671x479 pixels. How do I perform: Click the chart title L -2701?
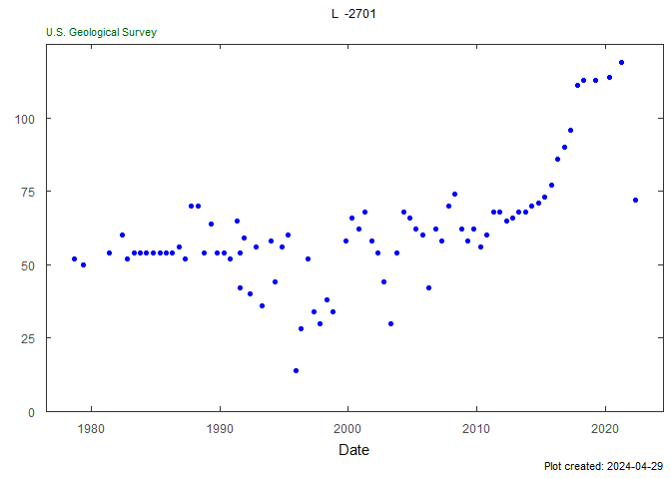pos(353,14)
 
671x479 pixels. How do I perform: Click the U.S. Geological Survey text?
pos(101,32)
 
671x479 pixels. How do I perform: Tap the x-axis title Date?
pos(353,450)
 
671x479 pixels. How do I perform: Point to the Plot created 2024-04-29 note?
pos(603,466)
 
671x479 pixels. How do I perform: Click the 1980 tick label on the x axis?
pos(91,428)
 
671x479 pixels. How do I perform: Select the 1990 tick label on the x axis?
pos(220,428)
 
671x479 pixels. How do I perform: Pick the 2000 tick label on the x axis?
pos(347,428)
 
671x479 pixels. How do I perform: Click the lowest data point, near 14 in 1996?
pos(296,370)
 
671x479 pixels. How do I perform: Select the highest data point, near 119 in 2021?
pos(621,62)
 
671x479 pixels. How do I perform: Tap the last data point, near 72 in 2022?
pos(635,200)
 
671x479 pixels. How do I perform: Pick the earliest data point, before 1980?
pos(74,258)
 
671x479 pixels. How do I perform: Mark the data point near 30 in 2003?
pos(390,323)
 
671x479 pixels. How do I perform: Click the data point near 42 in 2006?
pos(428,287)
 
